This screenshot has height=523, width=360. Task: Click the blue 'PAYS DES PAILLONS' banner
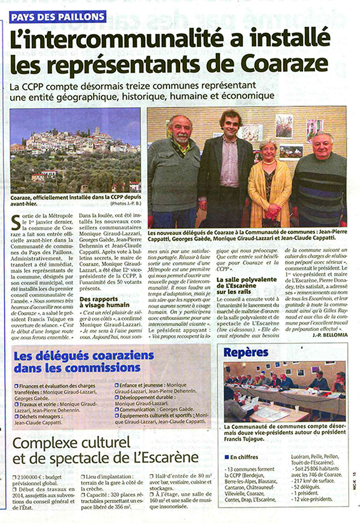pyautogui.click(x=57, y=16)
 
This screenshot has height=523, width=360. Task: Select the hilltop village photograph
pyautogui.click(x=75, y=150)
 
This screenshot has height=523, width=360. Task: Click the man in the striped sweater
pyautogui.click(x=319, y=180)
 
